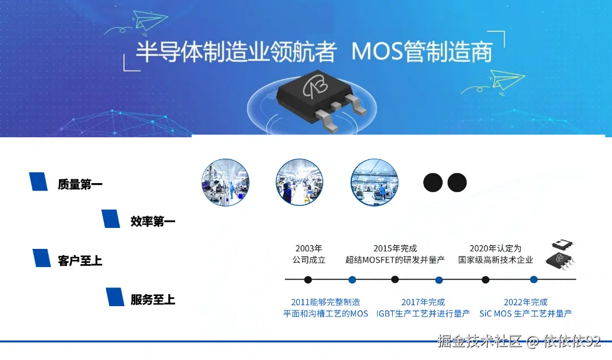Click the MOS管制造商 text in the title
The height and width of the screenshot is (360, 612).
tap(422, 52)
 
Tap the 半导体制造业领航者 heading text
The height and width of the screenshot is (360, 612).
tap(236, 52)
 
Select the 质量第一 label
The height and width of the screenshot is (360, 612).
tap(80, 184)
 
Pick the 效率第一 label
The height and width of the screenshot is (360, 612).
tap(153, 221)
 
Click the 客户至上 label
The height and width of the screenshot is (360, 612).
tap(80, 261)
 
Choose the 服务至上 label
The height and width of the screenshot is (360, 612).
tap(153, 299)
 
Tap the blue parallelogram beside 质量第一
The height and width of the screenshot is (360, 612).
tap(39, 181)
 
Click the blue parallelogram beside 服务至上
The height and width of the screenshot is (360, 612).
tap(115, 297)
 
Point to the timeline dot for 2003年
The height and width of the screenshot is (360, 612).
tap(308, 279)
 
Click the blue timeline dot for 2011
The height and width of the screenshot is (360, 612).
tap(352, 279)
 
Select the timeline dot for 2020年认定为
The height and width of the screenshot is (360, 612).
tap(486, 279)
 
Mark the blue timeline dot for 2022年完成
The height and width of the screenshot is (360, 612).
tap(534, 279)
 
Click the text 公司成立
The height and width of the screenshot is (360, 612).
tap(309, 260)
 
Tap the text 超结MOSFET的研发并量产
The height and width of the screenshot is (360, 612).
tap(395, 260)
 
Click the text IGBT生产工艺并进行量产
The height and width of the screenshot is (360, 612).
tap(423, 313)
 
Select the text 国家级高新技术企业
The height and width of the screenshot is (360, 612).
tap(496, 260)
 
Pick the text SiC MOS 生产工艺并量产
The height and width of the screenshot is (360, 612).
tap(525, 313)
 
